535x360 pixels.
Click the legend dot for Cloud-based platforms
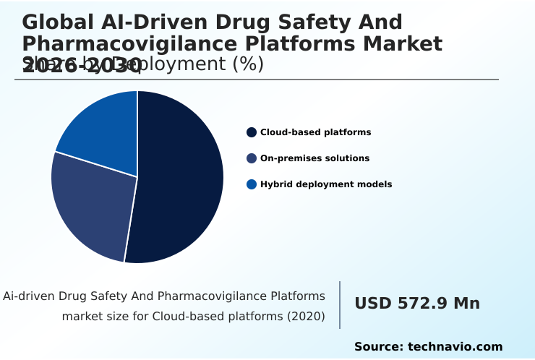point(252,132)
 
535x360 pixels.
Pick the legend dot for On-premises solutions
point(252,158)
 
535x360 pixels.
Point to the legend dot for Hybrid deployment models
point(252,184)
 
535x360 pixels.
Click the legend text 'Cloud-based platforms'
point(315,132)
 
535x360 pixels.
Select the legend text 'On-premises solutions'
point(314,158)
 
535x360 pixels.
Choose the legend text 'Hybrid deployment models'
point(326,184)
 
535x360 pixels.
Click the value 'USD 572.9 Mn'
point(417,304)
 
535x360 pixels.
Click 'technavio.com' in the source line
point(455,347)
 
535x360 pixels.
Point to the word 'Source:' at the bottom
point(379,347)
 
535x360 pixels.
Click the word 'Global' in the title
point(55,22)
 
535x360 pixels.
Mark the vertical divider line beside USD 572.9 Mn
point(340,305)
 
